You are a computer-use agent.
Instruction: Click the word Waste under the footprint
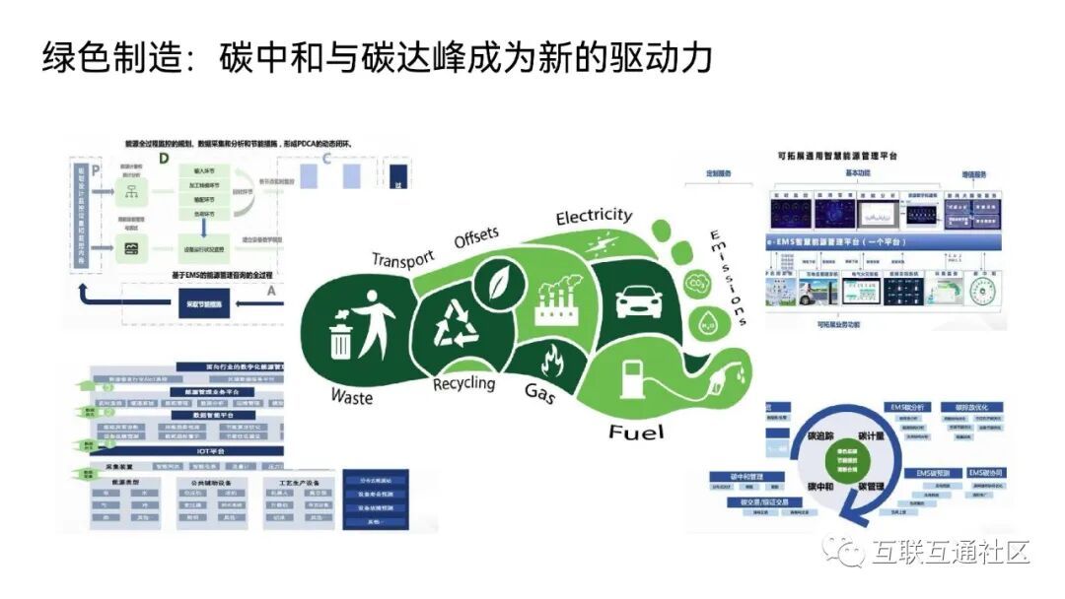(x=352, y=396)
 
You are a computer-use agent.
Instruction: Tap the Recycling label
(x=463, y=382)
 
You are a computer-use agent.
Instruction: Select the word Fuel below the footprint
(x=636, y=432)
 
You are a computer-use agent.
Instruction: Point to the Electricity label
(x=594, y=215)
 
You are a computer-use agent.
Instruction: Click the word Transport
(x=402, y=259)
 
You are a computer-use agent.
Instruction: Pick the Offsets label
(x=476, y=237)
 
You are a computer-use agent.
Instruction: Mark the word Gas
(x=541, y=394)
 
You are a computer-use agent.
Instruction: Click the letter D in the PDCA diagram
(x=164, y=159)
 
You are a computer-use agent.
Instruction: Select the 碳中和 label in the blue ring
(x=821, y=487)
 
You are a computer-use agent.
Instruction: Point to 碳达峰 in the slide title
(x=469, y=57)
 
